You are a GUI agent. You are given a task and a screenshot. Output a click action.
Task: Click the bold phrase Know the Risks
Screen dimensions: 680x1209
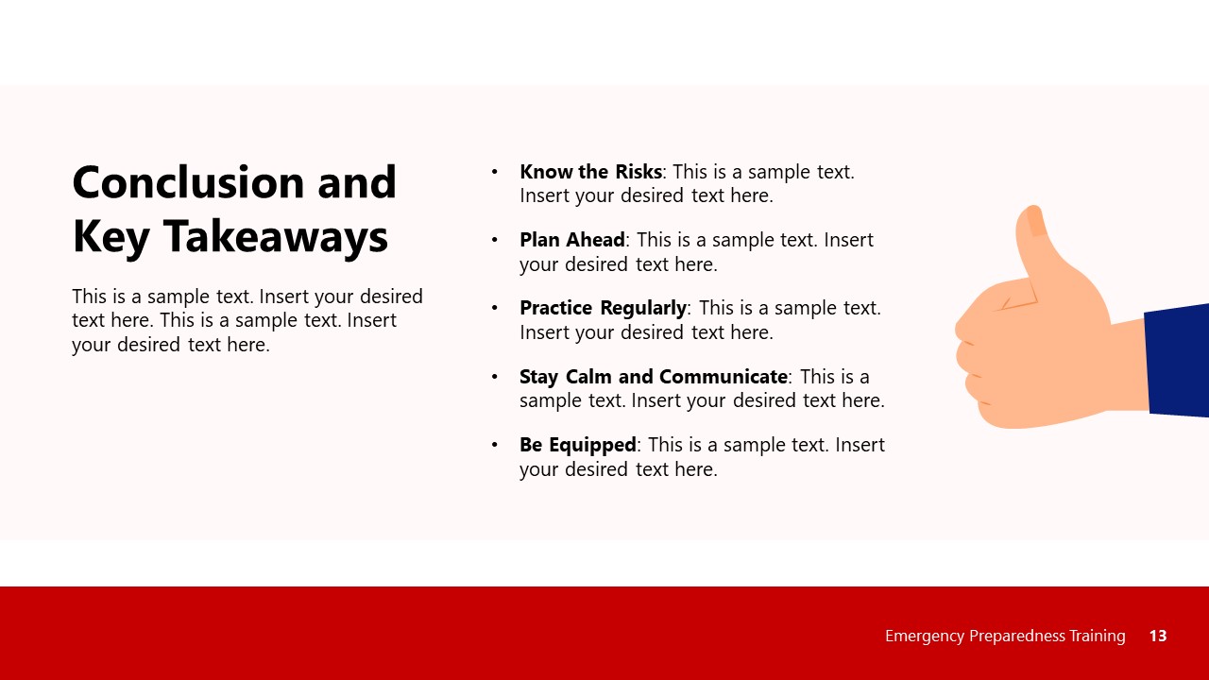click(590, 172)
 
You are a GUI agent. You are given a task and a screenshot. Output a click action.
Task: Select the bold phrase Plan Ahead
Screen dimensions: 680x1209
click(571, 240)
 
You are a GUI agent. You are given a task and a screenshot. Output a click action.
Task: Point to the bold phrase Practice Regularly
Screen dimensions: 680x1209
click(603, 308)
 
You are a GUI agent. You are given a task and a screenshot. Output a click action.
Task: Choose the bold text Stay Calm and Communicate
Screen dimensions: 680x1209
click(653, 376)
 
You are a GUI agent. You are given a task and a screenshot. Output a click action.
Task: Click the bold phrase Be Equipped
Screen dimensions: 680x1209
click(578, 444)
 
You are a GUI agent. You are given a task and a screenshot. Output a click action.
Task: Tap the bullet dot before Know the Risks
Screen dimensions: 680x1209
click(494, 172)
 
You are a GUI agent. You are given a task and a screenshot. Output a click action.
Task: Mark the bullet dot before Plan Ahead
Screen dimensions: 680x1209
click(494, 240)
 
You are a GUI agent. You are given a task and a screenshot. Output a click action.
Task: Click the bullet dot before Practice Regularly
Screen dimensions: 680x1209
click(494, 308)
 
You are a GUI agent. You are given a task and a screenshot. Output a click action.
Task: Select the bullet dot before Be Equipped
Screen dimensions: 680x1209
click(494, 444)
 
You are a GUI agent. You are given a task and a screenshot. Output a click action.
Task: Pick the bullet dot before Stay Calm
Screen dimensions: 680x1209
click(494, 376)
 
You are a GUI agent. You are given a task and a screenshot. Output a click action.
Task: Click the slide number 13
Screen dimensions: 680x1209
click(1158, 636)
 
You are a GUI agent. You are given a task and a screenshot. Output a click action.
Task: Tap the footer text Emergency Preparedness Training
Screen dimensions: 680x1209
click(1005, 636)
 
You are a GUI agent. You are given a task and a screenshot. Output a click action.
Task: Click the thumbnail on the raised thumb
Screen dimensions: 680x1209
click(1036, 221)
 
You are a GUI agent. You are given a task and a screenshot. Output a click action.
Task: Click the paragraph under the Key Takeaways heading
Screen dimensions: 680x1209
click(247, 320)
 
